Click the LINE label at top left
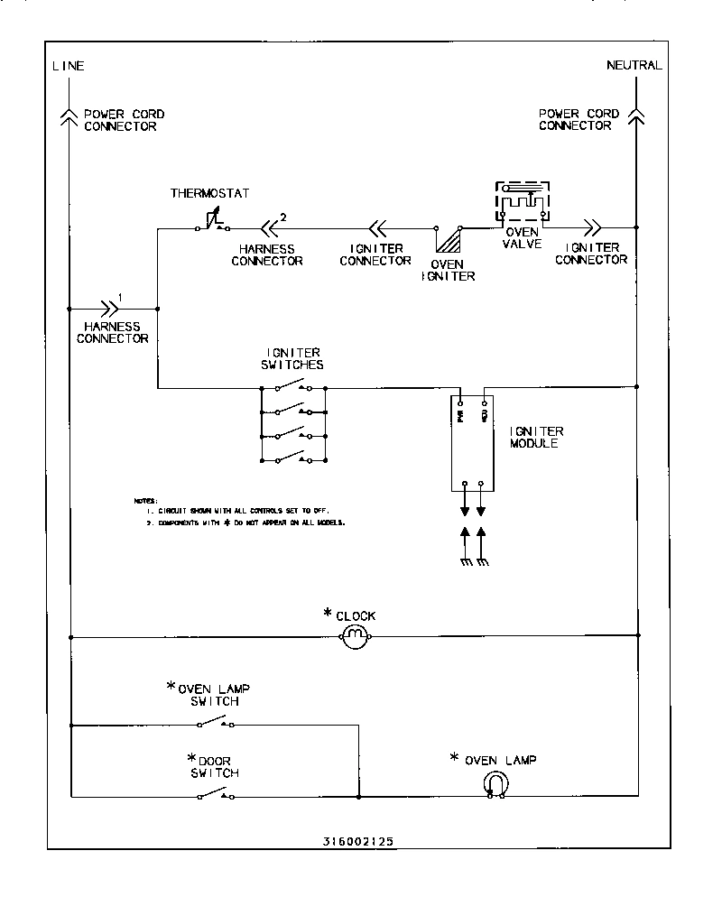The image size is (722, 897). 69,66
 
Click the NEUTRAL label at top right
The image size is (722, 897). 634,66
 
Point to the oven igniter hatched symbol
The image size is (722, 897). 447,239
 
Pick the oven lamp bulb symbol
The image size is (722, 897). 495,786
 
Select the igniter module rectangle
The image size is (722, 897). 474,443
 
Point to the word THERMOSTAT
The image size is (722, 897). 209,194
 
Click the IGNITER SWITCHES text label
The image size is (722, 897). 294,358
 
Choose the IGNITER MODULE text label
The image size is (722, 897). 537,438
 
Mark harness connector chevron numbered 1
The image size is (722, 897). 110,308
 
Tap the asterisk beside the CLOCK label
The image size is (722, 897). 329,615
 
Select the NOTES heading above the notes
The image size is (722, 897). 145,500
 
